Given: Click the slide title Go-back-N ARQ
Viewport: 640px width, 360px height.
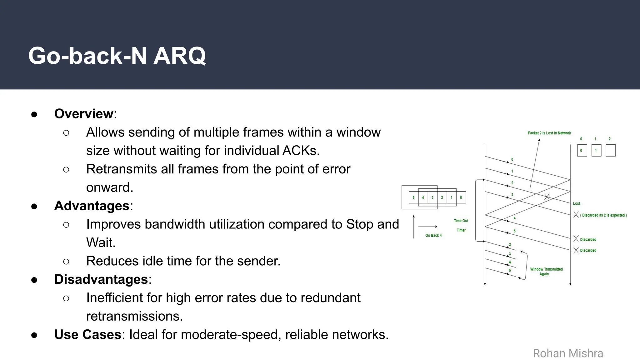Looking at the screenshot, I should coord(117,56).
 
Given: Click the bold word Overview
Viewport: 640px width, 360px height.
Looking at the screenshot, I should coord(83,114).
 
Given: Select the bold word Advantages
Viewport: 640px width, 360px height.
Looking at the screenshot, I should coord(92,206).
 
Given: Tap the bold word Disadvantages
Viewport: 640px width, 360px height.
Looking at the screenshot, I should coord(101,279).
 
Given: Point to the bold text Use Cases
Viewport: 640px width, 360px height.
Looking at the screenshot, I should coord(87,335).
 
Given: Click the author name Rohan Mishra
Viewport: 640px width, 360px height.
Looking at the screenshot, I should coord(568,353).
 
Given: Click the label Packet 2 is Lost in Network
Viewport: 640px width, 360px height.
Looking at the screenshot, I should coord(549,133).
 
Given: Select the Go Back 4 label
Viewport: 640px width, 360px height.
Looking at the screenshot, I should coord(433,236).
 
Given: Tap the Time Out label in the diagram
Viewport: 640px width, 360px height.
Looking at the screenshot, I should coord(461,221).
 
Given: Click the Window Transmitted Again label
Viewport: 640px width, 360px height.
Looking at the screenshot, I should coord(546,272).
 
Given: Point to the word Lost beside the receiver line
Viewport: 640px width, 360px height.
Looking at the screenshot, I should coord(576,203).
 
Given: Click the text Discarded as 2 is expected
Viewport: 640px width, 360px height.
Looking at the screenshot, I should coord(603,215).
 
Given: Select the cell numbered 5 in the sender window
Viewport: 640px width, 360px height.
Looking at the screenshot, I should coord(413,197).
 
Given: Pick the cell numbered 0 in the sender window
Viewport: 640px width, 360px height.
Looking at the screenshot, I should coord(461,197).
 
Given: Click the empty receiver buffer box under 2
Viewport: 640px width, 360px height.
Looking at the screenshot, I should coord(610,151).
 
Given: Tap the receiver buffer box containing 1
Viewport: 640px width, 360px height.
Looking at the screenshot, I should coord(596,151).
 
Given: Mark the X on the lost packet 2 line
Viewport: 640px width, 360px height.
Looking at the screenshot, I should coord(547,197).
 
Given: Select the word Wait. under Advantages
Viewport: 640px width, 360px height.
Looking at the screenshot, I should coord(101,243).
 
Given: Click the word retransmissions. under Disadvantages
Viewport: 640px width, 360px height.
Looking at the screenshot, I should coord(134,316).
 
